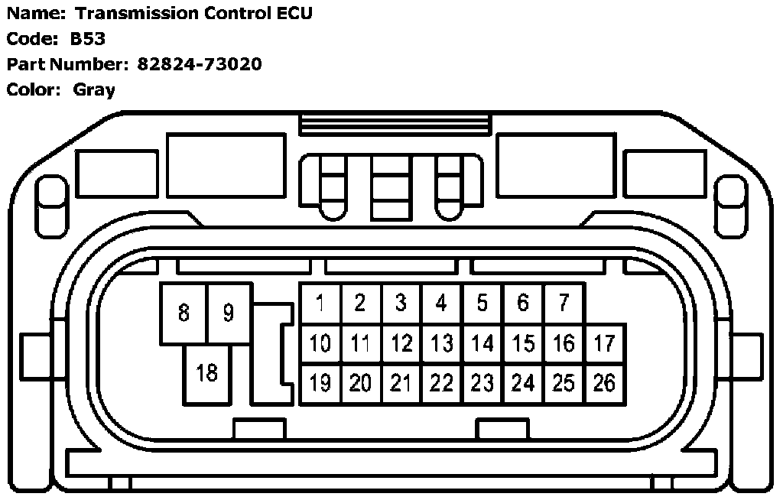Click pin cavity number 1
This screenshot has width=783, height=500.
tap(320, 304)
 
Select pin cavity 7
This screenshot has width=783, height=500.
tap(564, 304)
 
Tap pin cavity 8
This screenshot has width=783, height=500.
tap(184, 313)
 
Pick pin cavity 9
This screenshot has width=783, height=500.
tap(228, 313)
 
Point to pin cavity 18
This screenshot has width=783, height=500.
tap(206, 373)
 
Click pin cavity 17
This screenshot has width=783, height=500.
tap(604, 344)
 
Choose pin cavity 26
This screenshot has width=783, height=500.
tap(604, 383)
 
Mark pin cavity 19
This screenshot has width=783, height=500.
tap(320, 383)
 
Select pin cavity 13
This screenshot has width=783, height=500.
tap(441, 344)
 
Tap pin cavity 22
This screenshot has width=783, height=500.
tap(441, 383)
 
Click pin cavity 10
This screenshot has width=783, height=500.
tap(320, 344)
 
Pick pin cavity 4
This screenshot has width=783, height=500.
tap(441, 304)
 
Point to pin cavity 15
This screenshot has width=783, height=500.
tap(523, 344)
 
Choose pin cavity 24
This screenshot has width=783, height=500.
tap(523, 383)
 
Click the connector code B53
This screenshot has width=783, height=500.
tap(88, 39)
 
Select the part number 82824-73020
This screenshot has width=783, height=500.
tap(200, 64)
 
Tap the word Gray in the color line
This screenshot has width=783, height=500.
tap(94, 89)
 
